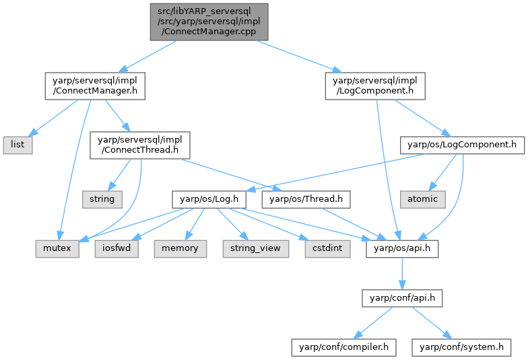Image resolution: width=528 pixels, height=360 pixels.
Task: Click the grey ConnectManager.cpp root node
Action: pyautogui.click(x=209, y=22)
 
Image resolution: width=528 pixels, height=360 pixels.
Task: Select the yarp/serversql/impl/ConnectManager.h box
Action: pyautogui.click(x=95, y=85)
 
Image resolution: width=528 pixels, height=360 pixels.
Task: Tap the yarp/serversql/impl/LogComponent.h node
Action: pyautogui.click(x=375, y=85)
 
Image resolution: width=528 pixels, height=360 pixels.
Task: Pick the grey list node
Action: pyautogui.click(x=16, y=144)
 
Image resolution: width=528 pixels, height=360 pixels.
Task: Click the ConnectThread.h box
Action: pyautogui.click(x=139, y=144)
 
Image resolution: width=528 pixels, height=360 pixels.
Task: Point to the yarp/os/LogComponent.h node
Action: pyautogui.click(x=462, y=144)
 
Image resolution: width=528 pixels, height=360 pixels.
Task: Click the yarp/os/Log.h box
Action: pyautogui.click(x=209, y=199)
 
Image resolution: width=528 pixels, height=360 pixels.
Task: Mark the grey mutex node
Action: pyautogui.click(x=58, y=248)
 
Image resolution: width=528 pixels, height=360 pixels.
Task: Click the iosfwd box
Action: pyautogui.click(x=117, y=248)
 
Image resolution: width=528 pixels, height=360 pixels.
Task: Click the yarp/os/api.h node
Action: pyautogui.click(x=402, y=248)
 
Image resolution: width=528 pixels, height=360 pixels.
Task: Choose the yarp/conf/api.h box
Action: pyautogui.click(x=402, y=297)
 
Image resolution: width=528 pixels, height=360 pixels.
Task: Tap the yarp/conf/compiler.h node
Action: pyautogui.click(x=343, y=347)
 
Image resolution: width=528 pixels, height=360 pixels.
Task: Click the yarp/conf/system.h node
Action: pyautogui.click(x=462, y=347)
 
